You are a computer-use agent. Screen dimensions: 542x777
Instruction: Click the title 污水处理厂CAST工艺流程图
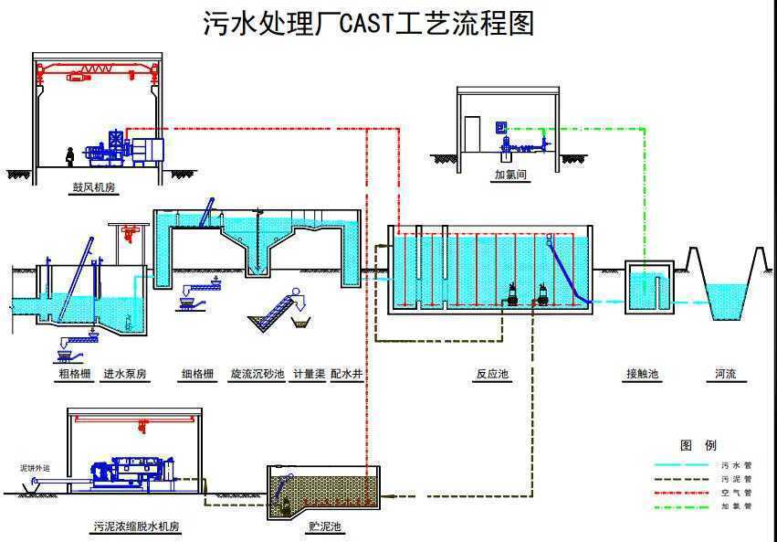367,23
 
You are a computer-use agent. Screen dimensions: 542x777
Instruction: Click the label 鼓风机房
99,188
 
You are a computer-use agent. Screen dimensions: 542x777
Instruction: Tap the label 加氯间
511,174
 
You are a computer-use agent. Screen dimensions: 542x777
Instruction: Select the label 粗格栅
73,374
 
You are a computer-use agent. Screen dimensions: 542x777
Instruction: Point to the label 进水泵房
126,374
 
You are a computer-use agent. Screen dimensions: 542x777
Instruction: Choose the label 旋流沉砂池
257,374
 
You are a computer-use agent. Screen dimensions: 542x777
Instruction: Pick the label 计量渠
308,374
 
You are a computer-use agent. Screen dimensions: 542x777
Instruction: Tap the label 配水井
347,374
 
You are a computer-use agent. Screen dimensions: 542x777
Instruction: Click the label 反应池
492,374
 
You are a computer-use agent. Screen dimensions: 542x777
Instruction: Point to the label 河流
726,374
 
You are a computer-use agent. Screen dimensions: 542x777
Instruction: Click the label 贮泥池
325,527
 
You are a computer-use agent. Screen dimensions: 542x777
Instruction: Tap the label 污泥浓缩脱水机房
136,527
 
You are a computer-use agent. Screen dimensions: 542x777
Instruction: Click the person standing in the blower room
69,155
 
